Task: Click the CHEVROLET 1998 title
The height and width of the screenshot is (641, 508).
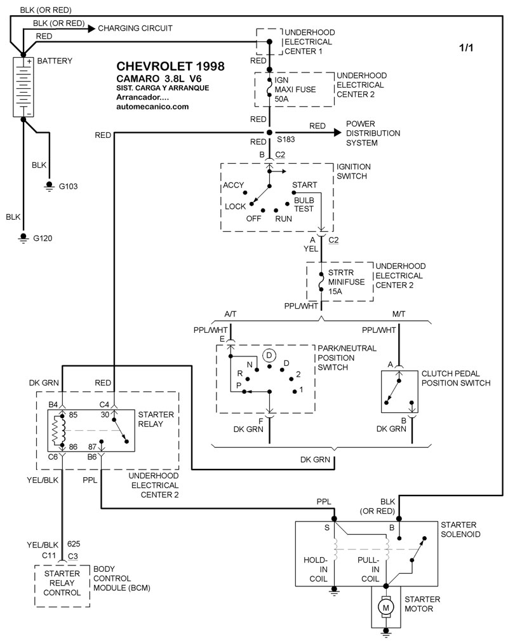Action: (170, 66)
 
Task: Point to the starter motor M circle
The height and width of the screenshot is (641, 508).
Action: (385, 608)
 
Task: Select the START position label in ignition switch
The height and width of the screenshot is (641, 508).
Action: (304, 185)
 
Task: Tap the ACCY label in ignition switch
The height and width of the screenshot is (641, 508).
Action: (234, 186)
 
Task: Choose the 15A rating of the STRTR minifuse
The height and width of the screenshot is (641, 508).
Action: (337, 291)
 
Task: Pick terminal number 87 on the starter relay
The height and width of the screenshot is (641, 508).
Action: (93, 447)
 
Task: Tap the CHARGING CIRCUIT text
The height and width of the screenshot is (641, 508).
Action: (135, 29)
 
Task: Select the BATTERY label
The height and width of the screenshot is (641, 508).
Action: (55, 61)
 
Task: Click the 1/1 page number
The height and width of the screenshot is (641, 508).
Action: (467, 48)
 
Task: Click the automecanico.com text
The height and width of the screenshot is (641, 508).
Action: (153, 107)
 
